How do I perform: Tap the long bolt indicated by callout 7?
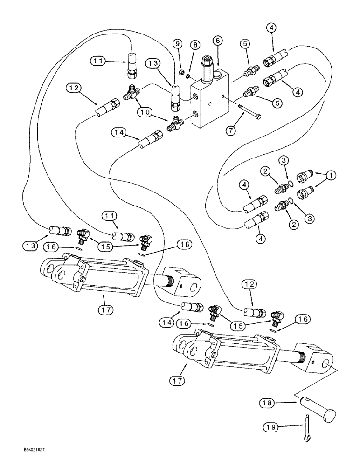[244, 112]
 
